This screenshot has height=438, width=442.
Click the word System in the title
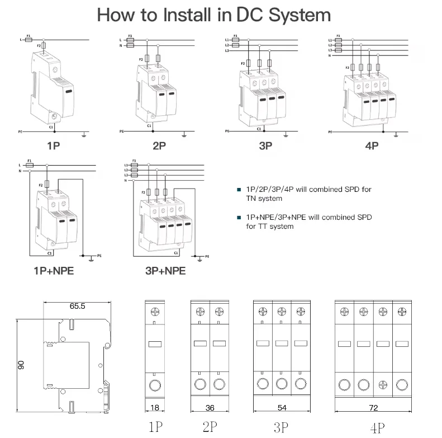[x=300, y=15]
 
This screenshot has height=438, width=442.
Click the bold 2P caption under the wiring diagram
[x=159, y=146]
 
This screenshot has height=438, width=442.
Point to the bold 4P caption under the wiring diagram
[x=372, y=146]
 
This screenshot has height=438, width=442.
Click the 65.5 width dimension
[x=77, y=306]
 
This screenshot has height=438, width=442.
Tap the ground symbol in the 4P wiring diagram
[x=396, y=134]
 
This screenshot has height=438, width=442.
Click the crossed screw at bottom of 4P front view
[x=382, y=385]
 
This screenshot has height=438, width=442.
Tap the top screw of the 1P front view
[x=155, y=311]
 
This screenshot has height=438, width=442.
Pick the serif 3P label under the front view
[x=281, y=428]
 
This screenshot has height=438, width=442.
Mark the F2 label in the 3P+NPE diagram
[x=144, y=192]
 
